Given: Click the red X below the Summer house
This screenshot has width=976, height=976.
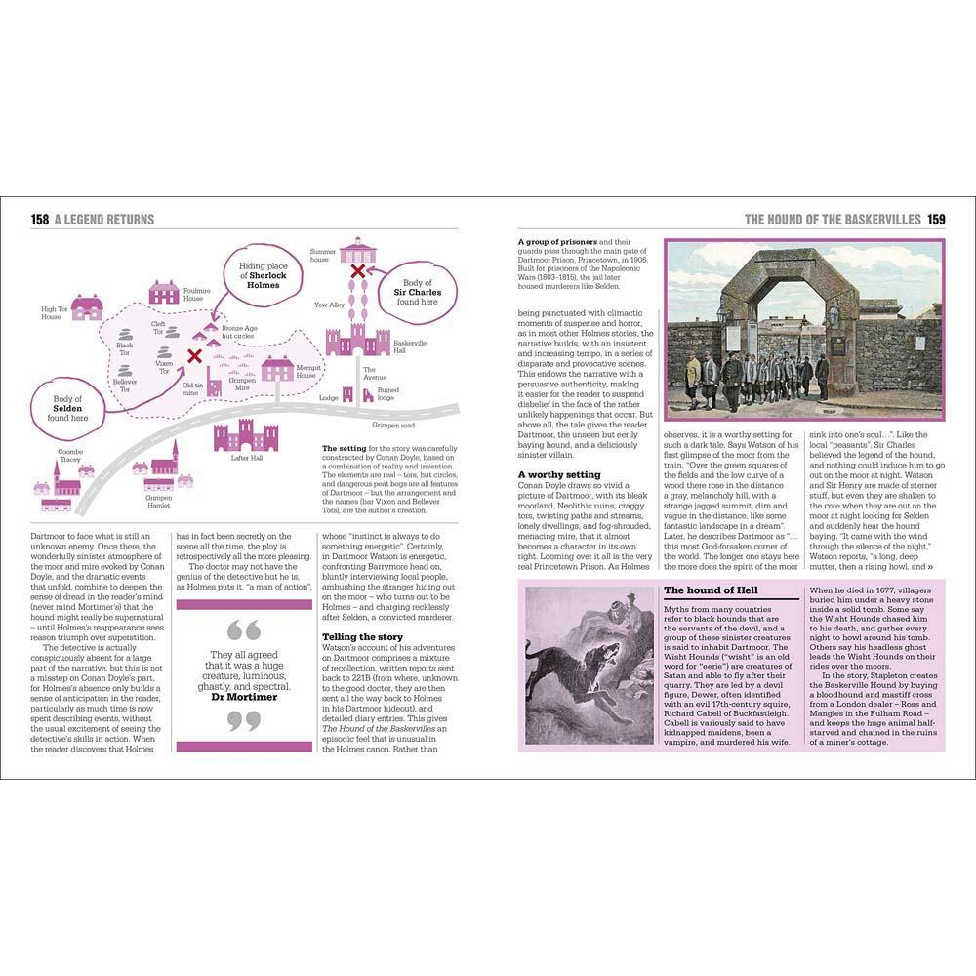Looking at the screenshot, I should click(x=358, y=270).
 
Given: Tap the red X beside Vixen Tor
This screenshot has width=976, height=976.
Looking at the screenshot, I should click(x=194, y=356).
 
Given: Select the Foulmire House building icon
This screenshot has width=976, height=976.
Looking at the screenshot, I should click(x=164, y=292).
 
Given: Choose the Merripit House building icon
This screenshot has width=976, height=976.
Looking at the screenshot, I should click(x=277, y=369).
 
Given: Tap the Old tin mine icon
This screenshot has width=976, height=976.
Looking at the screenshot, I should click(x=213, y=383).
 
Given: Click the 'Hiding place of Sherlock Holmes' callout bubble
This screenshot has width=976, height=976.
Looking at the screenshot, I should click(x=264, y=275).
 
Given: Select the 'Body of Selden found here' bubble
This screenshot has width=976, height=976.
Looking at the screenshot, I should click(x=67, y=408).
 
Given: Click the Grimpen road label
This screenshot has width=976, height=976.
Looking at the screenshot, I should click(x=394, y=425).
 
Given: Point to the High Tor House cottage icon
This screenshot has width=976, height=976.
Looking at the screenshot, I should click(x=87, y=307).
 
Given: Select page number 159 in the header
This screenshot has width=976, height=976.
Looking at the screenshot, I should click(x=935, y=220).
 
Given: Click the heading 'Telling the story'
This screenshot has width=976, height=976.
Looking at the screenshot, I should click(x=362, y=637).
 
